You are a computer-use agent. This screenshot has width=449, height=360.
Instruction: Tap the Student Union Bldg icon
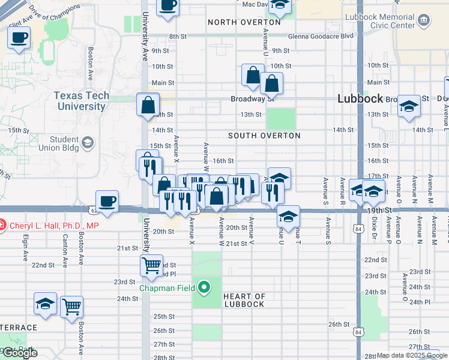coord(88,142)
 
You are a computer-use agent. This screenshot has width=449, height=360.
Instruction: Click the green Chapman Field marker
coord(204,288)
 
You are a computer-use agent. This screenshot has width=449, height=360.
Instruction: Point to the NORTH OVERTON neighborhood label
coord(236,22)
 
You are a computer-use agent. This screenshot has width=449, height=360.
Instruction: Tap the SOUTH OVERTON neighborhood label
coord(264,136)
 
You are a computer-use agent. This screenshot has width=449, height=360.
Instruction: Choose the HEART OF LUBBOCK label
coord(244,300)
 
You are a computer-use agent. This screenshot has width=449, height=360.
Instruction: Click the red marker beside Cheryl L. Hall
coord(3,226)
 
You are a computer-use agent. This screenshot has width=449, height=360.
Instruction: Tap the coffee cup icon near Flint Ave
coord(19,38)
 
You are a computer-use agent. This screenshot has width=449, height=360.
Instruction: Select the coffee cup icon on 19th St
coord(107,201)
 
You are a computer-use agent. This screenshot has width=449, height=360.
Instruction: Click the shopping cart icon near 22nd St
coord(151,264)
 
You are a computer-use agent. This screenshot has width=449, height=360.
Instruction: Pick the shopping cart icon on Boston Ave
coord(71,307)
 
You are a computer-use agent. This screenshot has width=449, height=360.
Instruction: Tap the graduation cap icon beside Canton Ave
coord(45,304)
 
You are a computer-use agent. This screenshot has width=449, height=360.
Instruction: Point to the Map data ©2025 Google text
coord(411,355)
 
